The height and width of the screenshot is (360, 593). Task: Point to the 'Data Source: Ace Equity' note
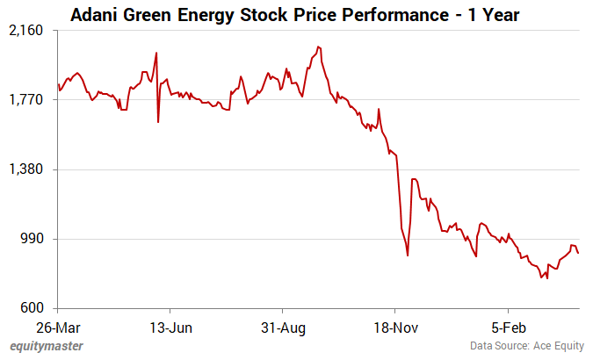[524, 346]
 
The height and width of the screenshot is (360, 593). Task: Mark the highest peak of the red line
[317, 47]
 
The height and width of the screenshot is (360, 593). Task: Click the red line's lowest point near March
[547, 278]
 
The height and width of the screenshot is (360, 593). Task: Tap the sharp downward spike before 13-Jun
[158, 121]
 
